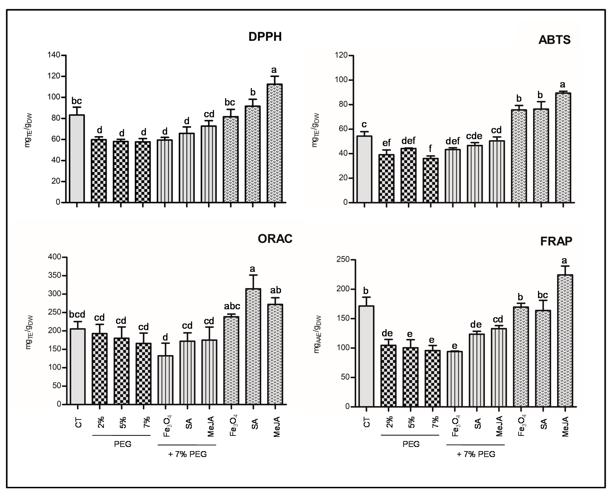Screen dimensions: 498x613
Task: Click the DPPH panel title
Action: click(265, 37)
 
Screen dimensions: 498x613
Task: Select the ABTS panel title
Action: click(554, 40)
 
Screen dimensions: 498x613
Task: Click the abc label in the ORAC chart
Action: click(232, 306)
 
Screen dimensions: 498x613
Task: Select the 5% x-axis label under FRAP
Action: click(412, 422)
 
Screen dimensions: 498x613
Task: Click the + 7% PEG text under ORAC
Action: click(187, 454)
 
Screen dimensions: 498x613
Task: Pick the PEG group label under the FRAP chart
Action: click(411, 444)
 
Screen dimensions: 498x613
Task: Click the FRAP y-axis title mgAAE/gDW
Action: click(317, 334)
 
